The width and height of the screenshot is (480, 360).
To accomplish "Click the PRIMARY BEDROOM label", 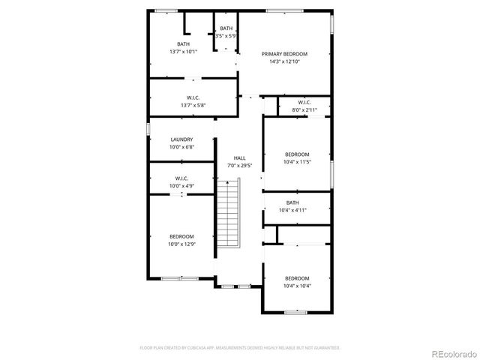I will (284, 54).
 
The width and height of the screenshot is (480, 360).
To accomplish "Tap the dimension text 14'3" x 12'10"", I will (284, 61).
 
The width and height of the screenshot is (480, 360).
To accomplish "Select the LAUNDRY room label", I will (181, 139).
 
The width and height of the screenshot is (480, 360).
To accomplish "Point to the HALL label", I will (240, 158).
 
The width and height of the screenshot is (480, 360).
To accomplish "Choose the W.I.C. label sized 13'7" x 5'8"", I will (193, 97).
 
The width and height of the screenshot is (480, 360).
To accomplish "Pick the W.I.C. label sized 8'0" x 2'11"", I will (304, 103).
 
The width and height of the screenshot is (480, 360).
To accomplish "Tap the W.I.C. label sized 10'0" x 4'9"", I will (181, 178).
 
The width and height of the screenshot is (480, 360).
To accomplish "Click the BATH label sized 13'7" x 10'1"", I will (183, 44).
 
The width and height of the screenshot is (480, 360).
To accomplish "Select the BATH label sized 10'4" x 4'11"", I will (292, 202).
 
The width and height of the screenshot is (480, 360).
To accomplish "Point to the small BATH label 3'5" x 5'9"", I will (226, 28).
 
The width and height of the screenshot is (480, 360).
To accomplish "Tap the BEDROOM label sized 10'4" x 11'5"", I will (297, 154).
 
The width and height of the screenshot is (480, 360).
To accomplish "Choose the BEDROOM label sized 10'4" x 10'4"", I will (297, 278).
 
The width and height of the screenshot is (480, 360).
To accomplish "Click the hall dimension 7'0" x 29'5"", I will (240, 166).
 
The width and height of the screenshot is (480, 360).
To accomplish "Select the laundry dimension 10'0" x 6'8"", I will (181, 147).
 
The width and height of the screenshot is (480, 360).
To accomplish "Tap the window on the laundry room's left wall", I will (148, 129).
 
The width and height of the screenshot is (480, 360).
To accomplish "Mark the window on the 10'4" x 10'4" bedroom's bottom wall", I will (295, 311).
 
